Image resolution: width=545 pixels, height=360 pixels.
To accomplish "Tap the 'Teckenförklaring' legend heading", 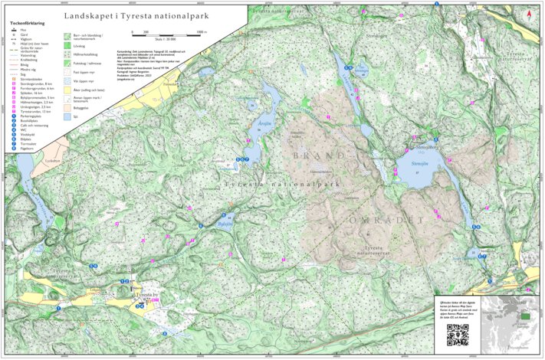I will point(27,24).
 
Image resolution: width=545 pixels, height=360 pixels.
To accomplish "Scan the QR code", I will point(457,334).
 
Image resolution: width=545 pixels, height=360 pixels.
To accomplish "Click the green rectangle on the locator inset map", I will point(525,315).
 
